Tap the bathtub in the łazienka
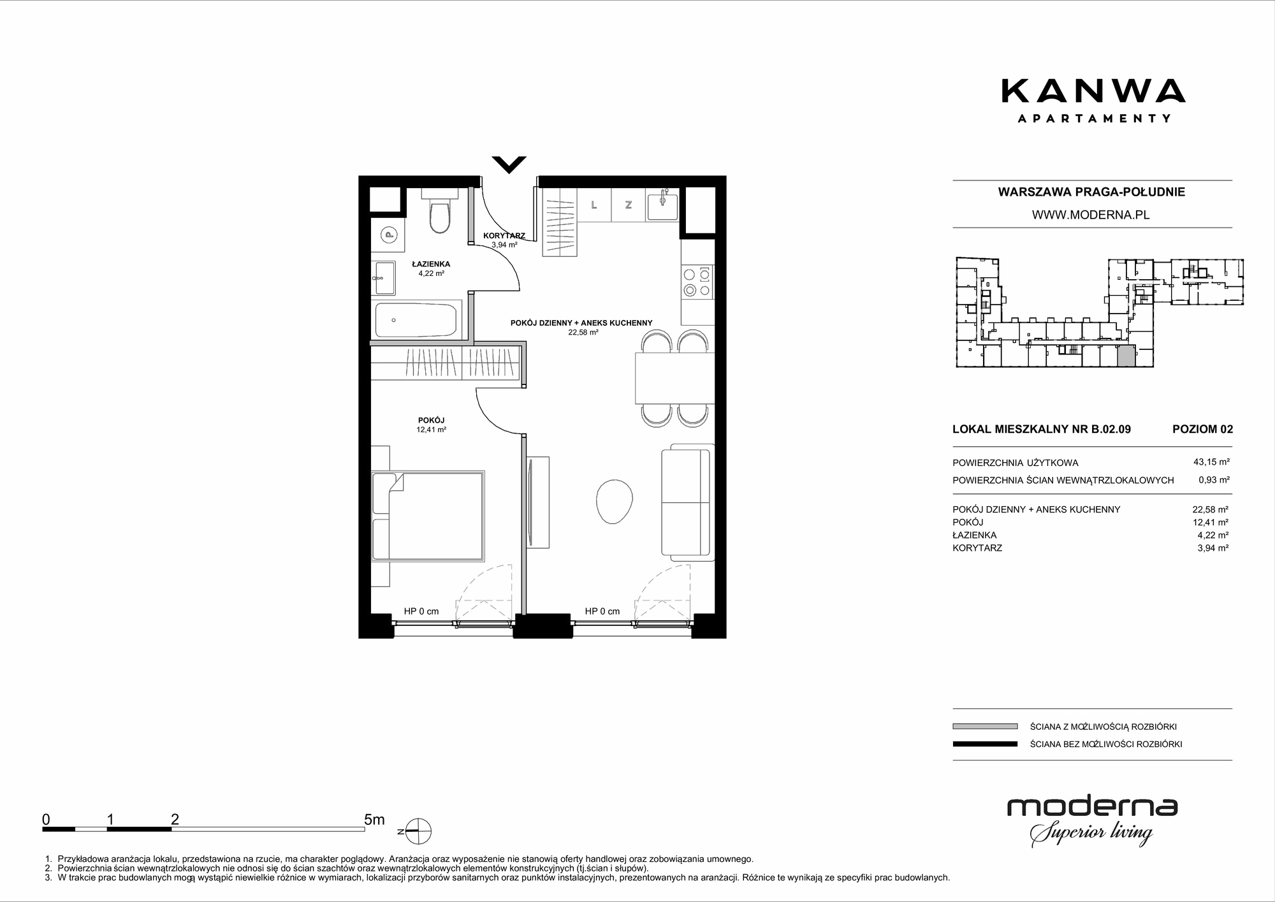[416, 321]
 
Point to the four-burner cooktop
[697, 282]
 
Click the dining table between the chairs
[674, 378]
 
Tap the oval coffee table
[615, 501]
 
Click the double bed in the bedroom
[428, 516]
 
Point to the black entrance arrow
[509, 164]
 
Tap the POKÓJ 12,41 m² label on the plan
[431, 425]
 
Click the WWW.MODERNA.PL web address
[1091, 215]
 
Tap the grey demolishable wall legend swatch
[985, 726]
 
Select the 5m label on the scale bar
[374, 819]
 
